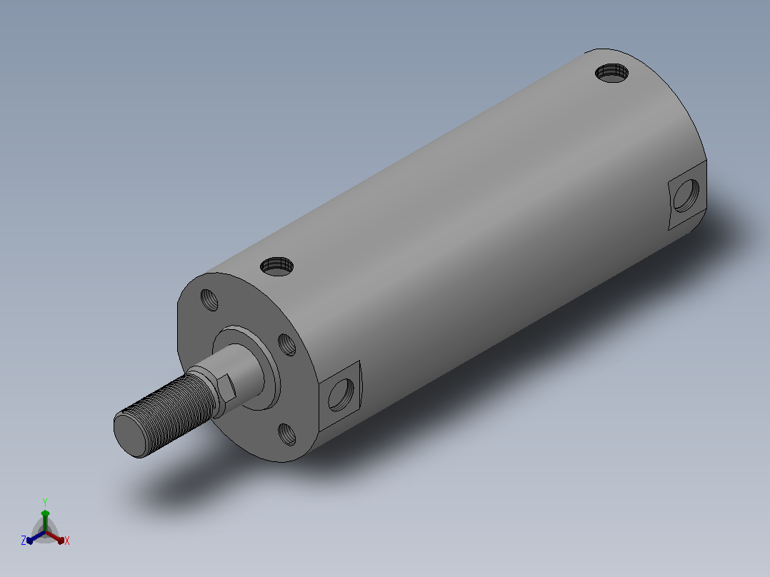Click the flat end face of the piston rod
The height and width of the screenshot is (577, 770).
[131, 435]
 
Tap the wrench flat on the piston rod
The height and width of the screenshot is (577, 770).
[226, 387]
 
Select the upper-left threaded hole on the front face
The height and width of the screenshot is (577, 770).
[209, 300]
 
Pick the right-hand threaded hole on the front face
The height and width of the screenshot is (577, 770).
[287, 345]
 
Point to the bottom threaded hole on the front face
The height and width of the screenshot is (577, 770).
[287, 435]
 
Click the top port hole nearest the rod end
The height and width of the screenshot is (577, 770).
[277, 266]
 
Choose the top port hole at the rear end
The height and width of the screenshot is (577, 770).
[611, 73]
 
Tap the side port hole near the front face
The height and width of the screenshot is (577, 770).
[341, 395]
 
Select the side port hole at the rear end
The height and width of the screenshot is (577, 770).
[686, 196]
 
